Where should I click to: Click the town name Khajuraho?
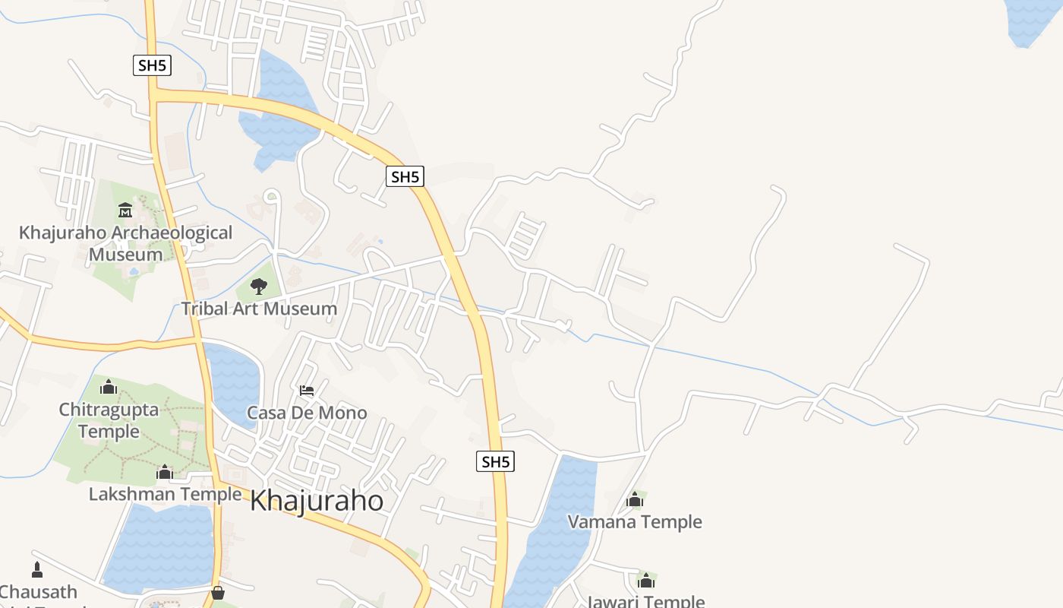[316, 502]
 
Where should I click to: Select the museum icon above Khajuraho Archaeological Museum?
[125, 210]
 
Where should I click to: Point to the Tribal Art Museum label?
[259, 309]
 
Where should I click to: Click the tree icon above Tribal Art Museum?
[259, 286]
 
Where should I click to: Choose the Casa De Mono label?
[307, 413]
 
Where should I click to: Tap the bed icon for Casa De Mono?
[307, 391]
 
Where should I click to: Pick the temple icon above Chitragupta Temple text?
[109, 387]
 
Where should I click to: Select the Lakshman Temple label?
[165, 495]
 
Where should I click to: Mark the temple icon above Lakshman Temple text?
[165, 472]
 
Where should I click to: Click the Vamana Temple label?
[635, 522]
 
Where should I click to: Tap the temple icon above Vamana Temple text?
[635, 499]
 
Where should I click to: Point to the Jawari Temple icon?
[646, 581]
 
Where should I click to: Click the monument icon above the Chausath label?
[37, 569]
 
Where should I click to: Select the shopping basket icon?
[218, 592]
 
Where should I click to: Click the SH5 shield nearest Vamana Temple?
[495, 461]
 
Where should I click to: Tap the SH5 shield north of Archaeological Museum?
[152, 65]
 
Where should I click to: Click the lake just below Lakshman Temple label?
[159, 547]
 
